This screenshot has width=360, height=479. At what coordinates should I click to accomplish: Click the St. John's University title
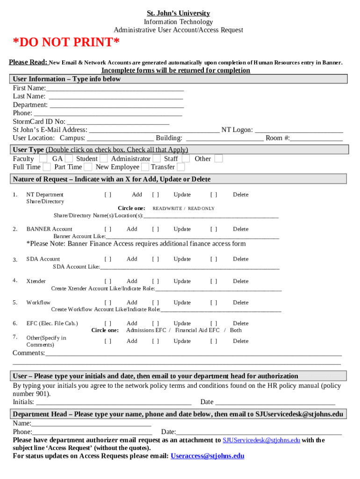pyautogui.click(x=178, y=13)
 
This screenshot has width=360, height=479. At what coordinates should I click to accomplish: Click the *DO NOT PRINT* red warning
pyautogui.click(x=66, y=43)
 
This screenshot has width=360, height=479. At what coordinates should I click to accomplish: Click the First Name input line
pyautogui.click(x=115, y=88)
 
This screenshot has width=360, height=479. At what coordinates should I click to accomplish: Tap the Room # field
pyautogui.click(x=317, y=138)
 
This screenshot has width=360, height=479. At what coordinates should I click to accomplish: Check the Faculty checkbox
pyautogui.click(x=43, y=159)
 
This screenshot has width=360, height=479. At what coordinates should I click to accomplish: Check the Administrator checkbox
pyautogui.click(x=157, y=159)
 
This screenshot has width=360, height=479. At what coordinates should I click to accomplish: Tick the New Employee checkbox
pyautogui.click(x=145, y=167)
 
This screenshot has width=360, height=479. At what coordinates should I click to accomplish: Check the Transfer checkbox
pyautogui.click(x=181, y=167)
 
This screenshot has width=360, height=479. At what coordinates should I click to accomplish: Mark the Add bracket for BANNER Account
pyautogui.click(x=108, y=229)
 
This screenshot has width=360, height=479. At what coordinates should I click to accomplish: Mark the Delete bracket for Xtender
pyautogui.click(x=214, y=281)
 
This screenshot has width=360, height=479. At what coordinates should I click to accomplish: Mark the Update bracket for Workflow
pyautogui.click(x=156, y=303)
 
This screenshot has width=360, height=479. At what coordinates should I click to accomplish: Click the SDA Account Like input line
pyautogui.click(x=189, y=267)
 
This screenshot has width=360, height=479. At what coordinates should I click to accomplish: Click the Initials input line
pyautogui.click(x=114, y=402)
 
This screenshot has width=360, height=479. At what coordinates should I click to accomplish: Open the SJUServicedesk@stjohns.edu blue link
pyautogui.click(x=261, y=440)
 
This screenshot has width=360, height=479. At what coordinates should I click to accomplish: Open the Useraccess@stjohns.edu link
pyautogui.click(x=208, y=456)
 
